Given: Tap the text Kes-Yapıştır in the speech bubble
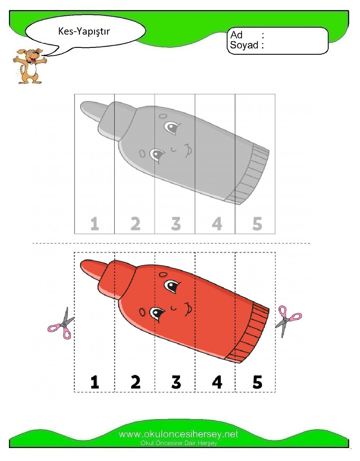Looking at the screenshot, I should pos(84,31).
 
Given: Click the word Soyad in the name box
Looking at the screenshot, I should pos(244,45).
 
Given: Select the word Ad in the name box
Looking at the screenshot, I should pos(237,35).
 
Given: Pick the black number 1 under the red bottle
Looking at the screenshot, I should pos(95,382).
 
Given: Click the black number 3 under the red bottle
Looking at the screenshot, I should pos(176,382).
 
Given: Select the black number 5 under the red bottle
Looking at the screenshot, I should pos(257,382).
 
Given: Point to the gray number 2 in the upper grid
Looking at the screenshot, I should pos(135,224).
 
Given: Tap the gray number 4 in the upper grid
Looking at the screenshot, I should pos(217,224).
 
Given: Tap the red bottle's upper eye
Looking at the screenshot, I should pos(172,287).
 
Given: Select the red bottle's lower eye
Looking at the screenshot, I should pos(157,313).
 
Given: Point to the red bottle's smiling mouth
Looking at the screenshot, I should pos(188,308).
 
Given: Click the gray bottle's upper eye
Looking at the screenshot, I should pos(172,127).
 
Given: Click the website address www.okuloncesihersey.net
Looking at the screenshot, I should pos(179,434).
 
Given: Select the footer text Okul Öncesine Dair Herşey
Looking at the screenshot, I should pos(179,443).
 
